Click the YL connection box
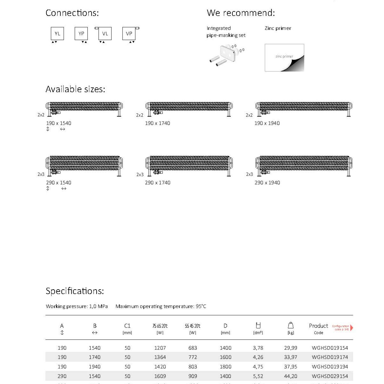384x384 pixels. point(57,34)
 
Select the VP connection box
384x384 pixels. point(129,34)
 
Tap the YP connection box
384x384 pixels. point(81,34)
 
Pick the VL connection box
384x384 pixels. point(105,34)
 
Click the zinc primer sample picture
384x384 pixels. point(284,58)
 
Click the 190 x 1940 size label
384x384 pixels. point(267,123)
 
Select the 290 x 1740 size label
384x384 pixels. point(157,183)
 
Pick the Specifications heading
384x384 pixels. point(75,291)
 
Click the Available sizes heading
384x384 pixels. point(75,89)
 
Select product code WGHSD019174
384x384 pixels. point(330,357)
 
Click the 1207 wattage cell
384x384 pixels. point(160,348)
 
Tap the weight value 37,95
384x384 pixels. point(291,367)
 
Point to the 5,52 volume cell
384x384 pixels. point(258,376)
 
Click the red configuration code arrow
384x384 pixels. point(352,328)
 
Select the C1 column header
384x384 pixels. point(127,326)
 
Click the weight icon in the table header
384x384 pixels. point(291,325)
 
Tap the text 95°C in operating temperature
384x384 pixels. point(201,306)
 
